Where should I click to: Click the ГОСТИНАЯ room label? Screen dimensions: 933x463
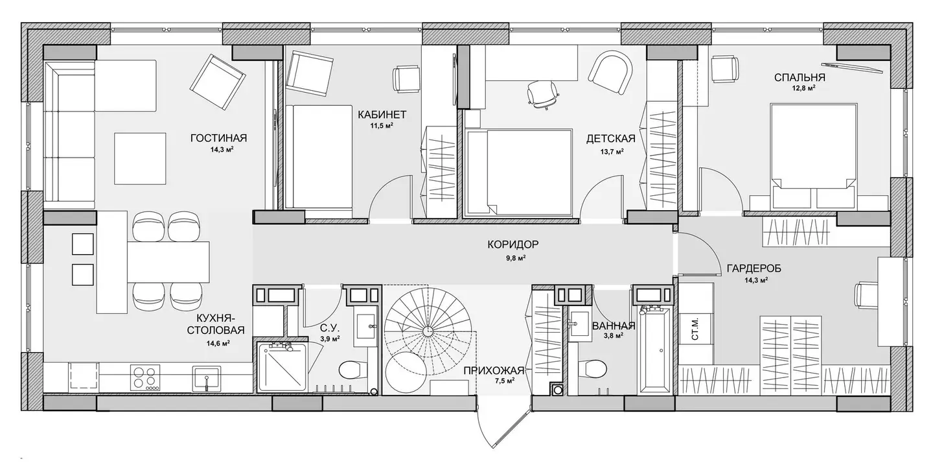pos(219,138)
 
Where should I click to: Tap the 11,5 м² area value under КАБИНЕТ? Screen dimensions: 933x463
pos(382,125)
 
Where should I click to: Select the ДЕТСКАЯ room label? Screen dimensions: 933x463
pos(610,139)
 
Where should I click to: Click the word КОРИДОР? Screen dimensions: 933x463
pos(513,244)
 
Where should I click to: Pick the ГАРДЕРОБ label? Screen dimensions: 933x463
pos(754,268)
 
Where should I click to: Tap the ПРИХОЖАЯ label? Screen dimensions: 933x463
pos(494,370)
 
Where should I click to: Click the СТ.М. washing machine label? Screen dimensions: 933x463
pos(695,329)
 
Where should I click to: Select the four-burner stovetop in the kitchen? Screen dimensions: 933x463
pos(145,377)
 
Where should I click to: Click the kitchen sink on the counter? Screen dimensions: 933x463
pos(207,378)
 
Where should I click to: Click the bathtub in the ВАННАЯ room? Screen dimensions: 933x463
pos(656,350)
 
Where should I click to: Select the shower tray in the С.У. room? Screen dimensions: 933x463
pos(283,367)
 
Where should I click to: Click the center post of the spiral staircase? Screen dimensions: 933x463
pos(428,331)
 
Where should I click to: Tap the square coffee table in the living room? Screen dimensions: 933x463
pos(141,158)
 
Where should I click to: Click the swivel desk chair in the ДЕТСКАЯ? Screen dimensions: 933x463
pos(542,94)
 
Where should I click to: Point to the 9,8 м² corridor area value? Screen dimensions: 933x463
pos(516,258)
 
